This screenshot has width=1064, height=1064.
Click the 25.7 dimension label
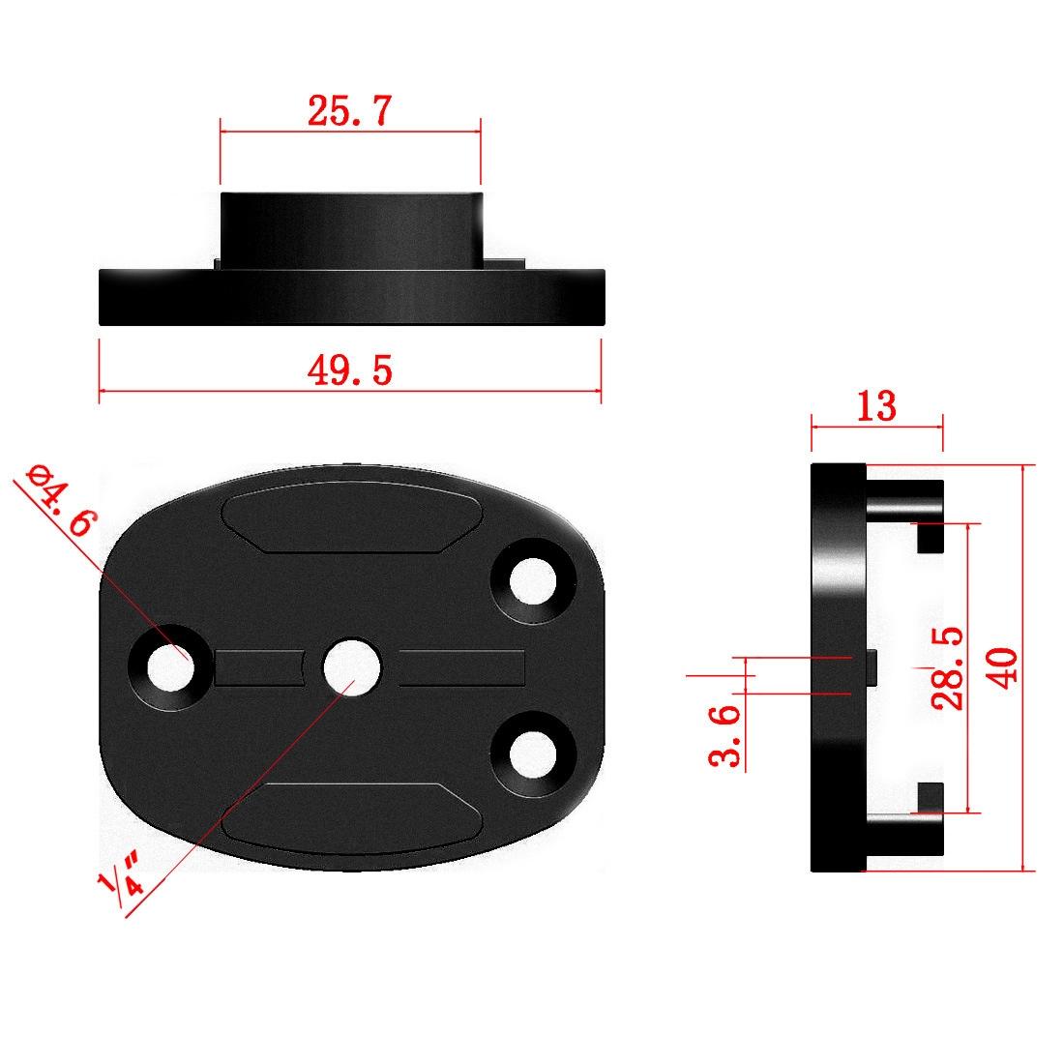pyautogui.click(x=349, y=112)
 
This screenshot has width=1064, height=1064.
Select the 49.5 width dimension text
pyautogui.click(x=349, y=369)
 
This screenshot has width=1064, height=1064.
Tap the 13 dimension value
pyautogui.click(x=876, y=406)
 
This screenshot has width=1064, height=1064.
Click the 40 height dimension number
pyautogui.click(x=1003, y=667)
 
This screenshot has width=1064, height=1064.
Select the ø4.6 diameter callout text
pyautogui.click(x=63, y=501)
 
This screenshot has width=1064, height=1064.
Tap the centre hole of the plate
pyautogui.click(x=351, y=667)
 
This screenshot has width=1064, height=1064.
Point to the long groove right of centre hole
pyautogui.click(x=462, y=667)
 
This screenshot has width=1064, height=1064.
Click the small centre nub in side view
pyautogui.click(x=872, y=667)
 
